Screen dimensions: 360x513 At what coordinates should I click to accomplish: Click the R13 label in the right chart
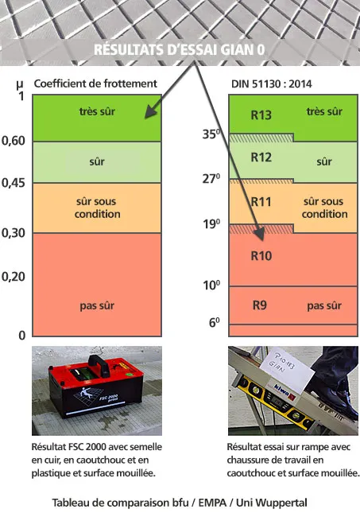pyautogui.click(x=261, y=115)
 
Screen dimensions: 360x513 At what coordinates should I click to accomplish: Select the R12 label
pyautogui.click(x=261, y=157)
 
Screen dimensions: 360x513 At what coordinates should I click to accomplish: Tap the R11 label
pyautogui.click(x=261, y=201)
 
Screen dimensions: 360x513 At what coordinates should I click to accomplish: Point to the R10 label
pyautogui.click(x=261, y=255)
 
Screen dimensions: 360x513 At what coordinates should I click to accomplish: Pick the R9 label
pyautogui.click(x=260, y=305)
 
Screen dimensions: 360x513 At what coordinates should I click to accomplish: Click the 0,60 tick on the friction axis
pyautogui.click(x=13, y=141)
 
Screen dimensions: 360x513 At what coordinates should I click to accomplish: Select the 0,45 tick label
pyautogui.click(x=13, y=183)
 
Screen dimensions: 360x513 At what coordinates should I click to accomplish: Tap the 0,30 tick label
pyautogui.click(x=13, y=233)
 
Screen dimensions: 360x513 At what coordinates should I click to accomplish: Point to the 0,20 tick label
pyautogui.click(x=13, y=277)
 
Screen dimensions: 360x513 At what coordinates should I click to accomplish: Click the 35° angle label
pyautogui.click(x=211, y=134)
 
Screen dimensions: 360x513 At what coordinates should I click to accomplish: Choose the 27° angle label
pyautogui.click(x=211, y=179)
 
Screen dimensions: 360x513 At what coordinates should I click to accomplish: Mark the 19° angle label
pyautogui.click(x=211, y=224)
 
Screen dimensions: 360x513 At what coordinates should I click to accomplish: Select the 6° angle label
pyautogui.click(x=214, y=323)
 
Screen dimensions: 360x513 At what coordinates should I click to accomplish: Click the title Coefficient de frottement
pyautogui.click(x=95, y=84)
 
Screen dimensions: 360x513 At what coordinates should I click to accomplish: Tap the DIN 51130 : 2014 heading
pyautogui.click(x=271, y=84)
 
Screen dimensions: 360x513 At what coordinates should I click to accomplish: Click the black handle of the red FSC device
pyautogui.click(x=99, y=364)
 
